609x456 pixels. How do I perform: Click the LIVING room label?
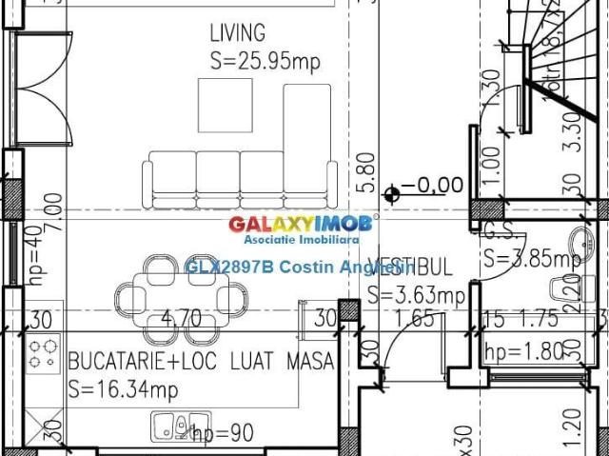[x=238, y=34]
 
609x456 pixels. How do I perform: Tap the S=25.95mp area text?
[x=265, y=61]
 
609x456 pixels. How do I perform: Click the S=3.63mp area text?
[x=416, y=295]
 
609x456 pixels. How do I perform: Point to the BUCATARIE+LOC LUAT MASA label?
[x=201, y=362]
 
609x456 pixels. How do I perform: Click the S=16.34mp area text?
[x=123, y=388]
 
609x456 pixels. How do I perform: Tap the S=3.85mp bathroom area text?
[x=531, y=258]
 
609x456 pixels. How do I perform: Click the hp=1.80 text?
[x=526, y=351]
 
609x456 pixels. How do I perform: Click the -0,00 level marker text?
[x=432, y=185]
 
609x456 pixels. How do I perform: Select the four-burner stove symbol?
[x=42, y=354]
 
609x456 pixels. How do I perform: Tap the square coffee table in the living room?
[x=225, y=106]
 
